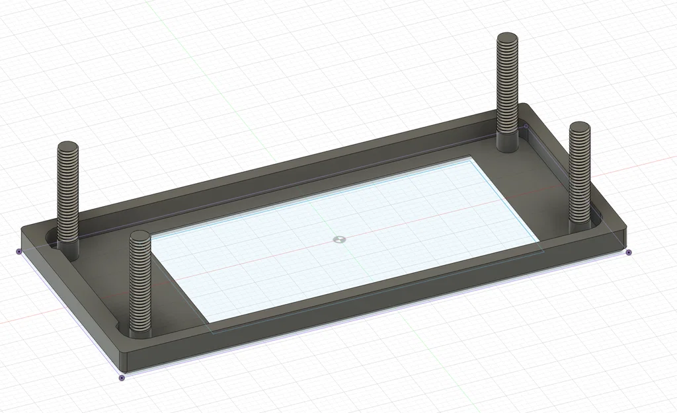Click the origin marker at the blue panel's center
tap(339, 239)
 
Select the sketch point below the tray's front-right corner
tap(628, 252)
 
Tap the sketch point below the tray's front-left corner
tap(121, 378)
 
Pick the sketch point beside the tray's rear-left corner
tap(19, 252)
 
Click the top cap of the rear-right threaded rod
tap(508, 38)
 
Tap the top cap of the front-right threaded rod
tap(580, 127)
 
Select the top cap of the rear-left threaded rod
tap(67, 147)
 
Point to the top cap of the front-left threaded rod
tap(140, 236)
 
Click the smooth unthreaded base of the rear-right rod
tap(507, 142)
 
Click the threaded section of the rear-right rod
tap(508, 86)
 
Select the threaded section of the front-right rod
tap(580, 172)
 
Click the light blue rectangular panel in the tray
tap(370, 251)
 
